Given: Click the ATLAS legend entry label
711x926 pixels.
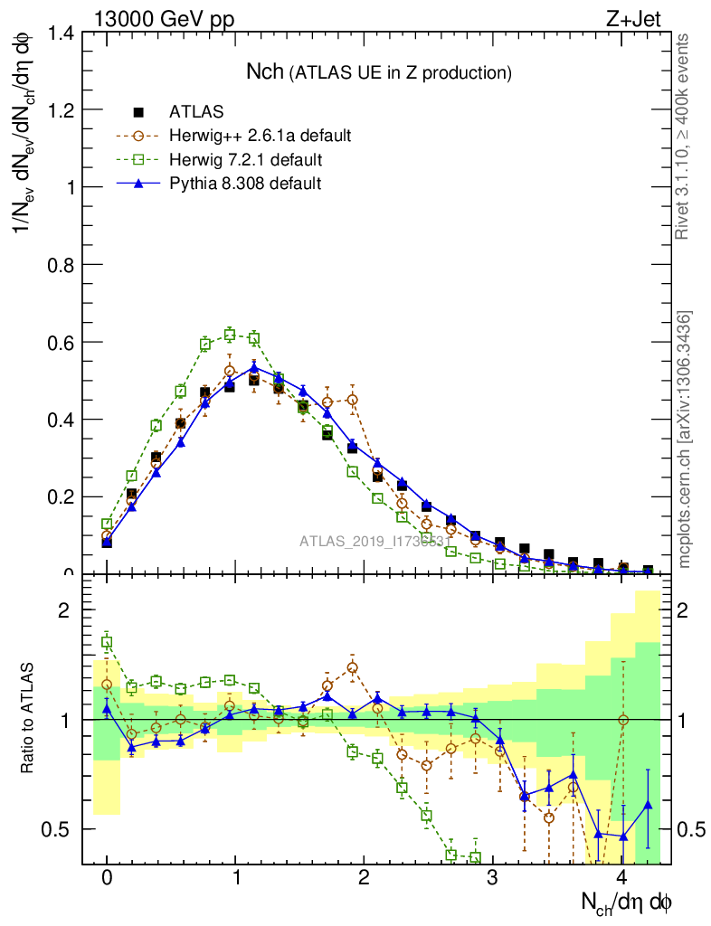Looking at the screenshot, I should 196,112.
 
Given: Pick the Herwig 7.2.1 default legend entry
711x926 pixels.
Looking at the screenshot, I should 245,160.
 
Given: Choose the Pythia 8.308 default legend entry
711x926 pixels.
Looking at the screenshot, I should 245,184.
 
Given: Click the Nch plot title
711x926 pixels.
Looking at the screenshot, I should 379,71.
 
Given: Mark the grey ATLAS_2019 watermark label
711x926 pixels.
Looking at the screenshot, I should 374,542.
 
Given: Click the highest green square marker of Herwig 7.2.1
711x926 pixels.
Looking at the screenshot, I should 230,335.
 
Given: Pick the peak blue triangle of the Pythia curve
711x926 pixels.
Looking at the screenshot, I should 254,367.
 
